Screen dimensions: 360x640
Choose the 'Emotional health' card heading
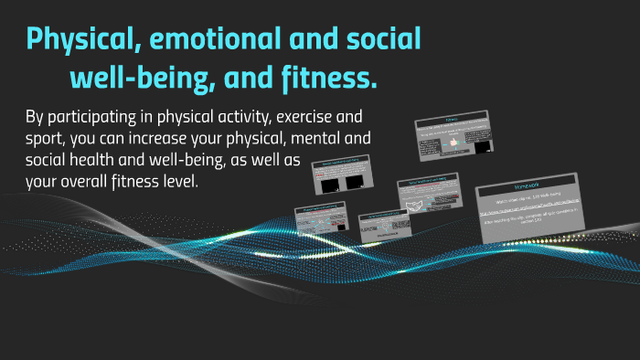pyautogui.click(x=383, y=217)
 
